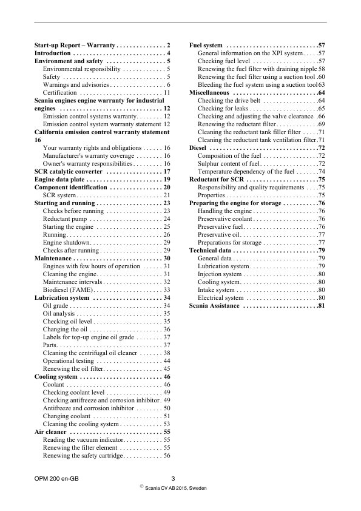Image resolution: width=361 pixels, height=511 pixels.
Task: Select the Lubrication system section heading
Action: [x=62, y=298]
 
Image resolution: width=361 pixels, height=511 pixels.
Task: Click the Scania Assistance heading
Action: [x=215, y=305]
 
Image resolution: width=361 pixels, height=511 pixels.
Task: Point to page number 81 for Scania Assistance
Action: [x=322, y=305]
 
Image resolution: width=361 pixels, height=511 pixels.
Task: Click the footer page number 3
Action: [x=174, y=479]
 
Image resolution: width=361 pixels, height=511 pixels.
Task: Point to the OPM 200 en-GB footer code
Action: [x=56, y=479]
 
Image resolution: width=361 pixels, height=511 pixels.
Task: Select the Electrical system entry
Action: [x=221, y=297]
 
